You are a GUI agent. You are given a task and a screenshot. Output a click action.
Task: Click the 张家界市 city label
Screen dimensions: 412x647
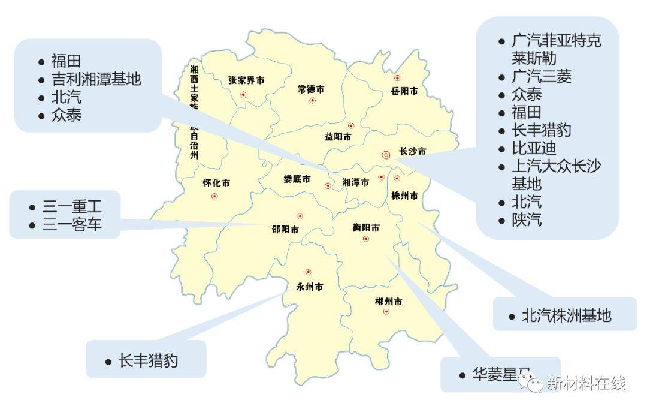pos(246,80)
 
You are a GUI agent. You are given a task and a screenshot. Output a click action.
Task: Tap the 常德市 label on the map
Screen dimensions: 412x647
pos(311,89)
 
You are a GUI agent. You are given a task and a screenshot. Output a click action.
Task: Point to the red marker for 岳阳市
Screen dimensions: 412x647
pos(397,78)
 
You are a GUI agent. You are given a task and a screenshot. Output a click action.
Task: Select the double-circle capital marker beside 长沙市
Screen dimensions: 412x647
pos(386,154)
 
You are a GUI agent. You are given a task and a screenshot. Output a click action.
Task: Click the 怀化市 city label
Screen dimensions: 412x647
pos(216,184)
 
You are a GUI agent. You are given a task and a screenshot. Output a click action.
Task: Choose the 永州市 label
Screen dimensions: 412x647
pos(309,287)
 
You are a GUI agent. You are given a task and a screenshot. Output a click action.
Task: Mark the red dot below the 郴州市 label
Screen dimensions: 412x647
pos(386,312)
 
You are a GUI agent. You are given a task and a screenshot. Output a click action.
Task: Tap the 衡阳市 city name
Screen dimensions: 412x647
pos(365,228)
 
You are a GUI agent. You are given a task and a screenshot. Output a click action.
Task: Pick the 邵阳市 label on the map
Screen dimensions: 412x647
pos(285,229)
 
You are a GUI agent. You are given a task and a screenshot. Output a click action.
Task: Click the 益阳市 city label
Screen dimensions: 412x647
pos(338,137)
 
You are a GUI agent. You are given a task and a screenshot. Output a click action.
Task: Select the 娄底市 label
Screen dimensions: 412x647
pos(297,179)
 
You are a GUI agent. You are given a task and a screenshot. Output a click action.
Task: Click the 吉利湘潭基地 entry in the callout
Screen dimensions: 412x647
pos(96,79)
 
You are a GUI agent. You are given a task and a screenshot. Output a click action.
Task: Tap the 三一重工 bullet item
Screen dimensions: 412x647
pos(72,207)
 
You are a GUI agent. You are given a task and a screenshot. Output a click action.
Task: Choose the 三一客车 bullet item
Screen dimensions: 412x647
pos(72,225)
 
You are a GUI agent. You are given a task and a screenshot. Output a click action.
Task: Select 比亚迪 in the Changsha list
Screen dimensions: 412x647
pos(534,148)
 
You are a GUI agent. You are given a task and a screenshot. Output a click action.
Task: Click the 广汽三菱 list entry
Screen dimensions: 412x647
pos(542,76)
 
